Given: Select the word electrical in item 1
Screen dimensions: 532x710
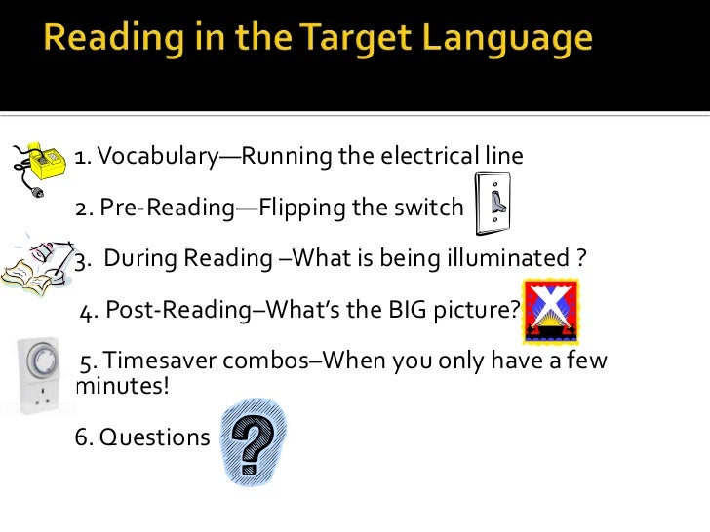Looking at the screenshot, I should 426,156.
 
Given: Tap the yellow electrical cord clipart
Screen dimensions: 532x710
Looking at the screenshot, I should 35,169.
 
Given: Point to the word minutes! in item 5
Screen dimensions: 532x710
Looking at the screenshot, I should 122,386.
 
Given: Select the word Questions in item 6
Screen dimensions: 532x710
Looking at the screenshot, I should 142,437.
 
